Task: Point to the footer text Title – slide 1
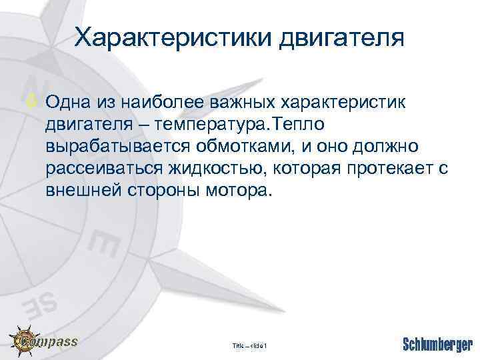pos(249,345)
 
